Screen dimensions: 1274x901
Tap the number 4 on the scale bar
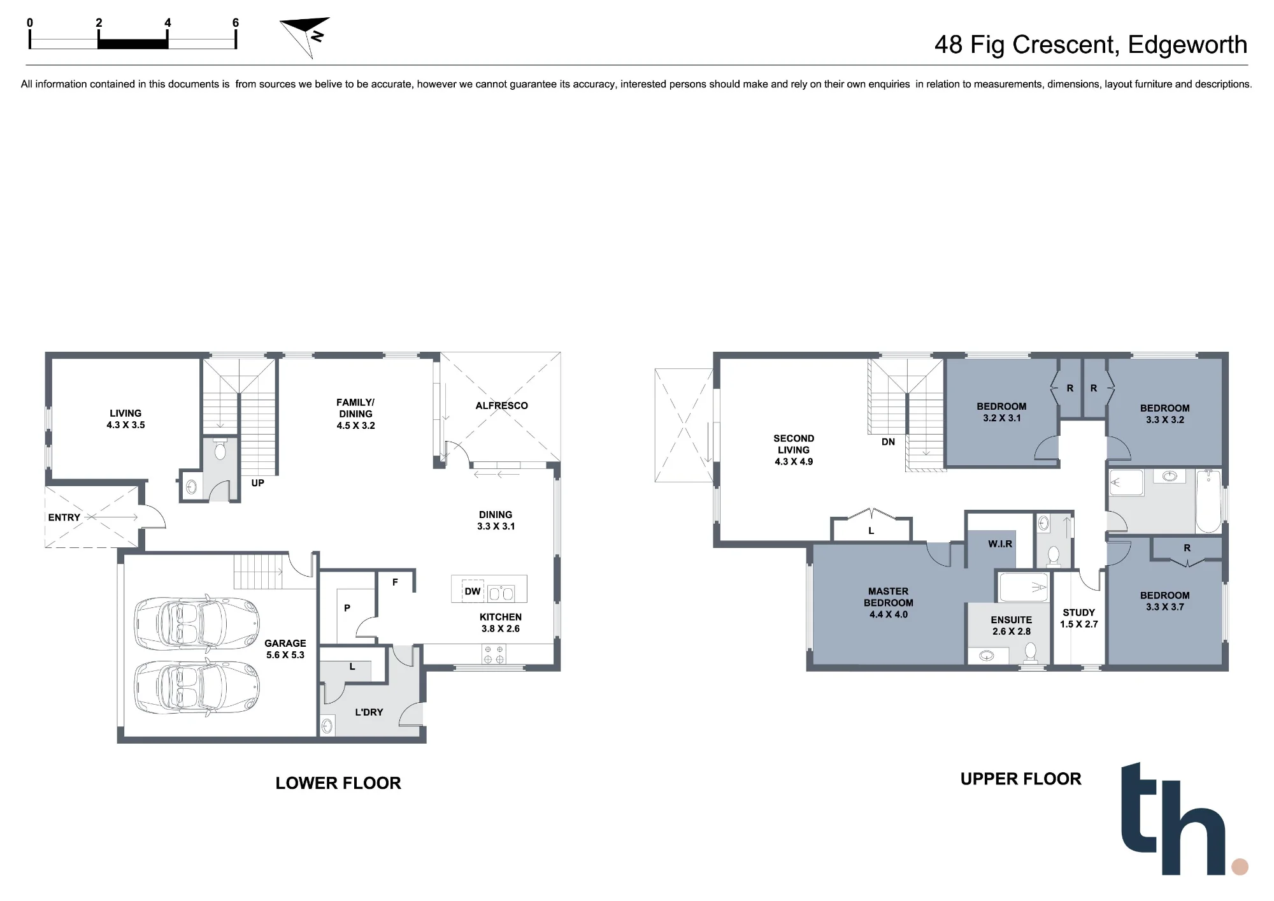click(168, 23)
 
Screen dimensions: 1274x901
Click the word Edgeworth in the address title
click(1187, 45)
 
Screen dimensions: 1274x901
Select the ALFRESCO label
click(501, 406)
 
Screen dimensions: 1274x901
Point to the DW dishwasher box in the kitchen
click(473, 591)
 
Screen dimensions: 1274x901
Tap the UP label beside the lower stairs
click(257, 483)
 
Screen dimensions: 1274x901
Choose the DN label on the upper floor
click(888, 442)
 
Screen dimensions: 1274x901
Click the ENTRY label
click(64, 517)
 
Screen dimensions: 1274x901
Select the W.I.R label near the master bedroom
click(1000, 544)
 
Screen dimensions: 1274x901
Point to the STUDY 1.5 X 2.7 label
click(1079, 618)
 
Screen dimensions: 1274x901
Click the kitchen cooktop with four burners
click(494, 654)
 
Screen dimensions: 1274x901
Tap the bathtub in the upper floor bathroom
click(1208, 501)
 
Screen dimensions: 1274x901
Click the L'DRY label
click(369, 712)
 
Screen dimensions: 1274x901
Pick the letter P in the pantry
click(347, 608)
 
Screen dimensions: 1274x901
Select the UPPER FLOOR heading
click(1020, 779)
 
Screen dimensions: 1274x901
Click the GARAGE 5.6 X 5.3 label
click(285, 649)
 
